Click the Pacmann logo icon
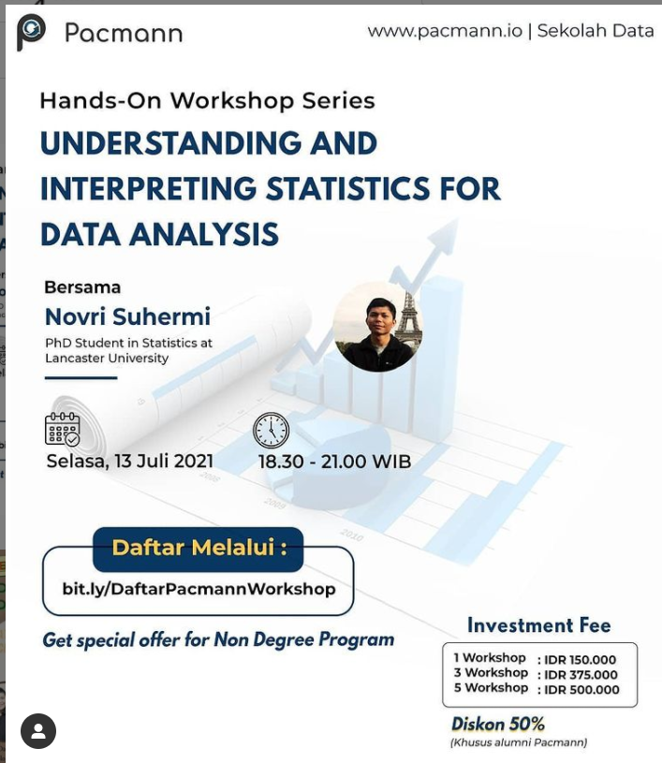31,32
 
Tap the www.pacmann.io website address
445,31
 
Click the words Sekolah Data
596,31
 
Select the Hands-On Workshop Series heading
207,101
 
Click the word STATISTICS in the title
348,188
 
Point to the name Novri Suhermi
127,316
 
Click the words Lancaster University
107,359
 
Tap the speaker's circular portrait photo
377,326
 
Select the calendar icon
63,429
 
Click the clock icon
272,430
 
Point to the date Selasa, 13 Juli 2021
130,461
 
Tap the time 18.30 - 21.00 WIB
335,462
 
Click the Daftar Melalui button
199,549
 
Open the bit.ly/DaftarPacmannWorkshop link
199,589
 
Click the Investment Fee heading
538,625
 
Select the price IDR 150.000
581,660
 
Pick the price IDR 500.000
581,690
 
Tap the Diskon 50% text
498,724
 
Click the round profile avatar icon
38,731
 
